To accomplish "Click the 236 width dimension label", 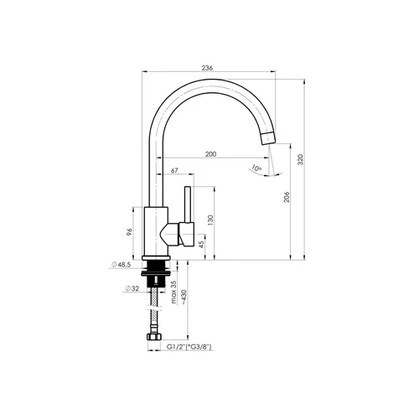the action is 207,68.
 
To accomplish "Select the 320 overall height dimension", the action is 301,159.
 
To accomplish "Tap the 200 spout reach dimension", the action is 210,154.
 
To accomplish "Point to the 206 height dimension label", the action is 287,197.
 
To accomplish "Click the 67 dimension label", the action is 174,170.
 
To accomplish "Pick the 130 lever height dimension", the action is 210,220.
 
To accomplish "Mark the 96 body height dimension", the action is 129,232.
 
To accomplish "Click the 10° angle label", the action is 256,168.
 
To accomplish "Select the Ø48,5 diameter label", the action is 122,264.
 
